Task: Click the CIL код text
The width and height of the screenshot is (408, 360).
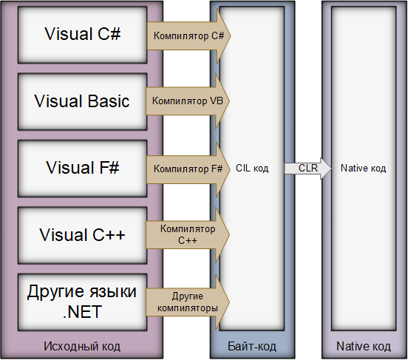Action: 252,169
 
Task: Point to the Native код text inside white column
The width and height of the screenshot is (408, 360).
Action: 363,169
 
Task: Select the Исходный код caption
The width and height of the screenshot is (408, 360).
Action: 81,347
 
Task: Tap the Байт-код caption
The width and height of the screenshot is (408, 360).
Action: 252,347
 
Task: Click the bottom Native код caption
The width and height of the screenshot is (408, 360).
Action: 363,347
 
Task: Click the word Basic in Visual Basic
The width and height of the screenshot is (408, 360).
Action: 108,101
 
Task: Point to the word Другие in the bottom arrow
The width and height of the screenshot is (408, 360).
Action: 188,296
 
